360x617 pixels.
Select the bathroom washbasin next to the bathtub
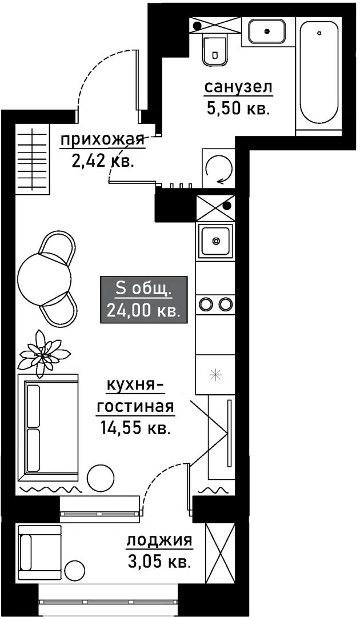[x=267, y=30]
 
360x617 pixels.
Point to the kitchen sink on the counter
[x=215, y=241]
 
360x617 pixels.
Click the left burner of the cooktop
[x=206, y=304]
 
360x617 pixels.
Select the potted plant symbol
[x=43, y=353]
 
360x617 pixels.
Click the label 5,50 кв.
[x=237, y=109]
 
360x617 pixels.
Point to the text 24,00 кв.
[x=143, y=310]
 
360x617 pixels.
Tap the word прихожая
[x=101, y=139]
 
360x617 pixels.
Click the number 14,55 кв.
[x=135, y=427]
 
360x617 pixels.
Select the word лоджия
[x=159, y=540]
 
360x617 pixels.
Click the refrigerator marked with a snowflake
[x=214, y=375]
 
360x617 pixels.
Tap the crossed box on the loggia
[x=220, y=551]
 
